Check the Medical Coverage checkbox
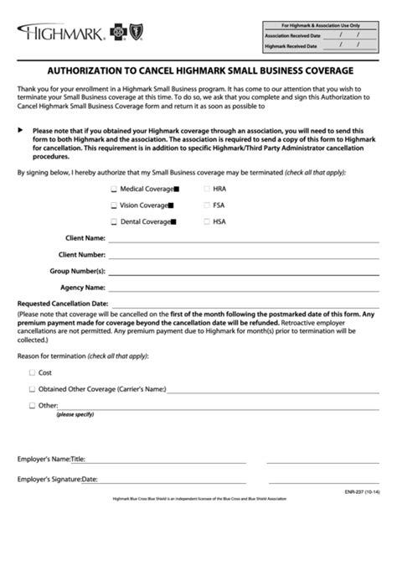(x=114, y=190)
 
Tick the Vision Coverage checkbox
(x=114, y=205)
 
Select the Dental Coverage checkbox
(x=114, y=221)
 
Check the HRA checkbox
(x=206, y=190)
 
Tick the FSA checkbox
(x=206, y=205)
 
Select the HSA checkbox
(x=206, y=221)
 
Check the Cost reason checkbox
(x=33, y=372)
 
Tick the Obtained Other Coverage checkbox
(x=33, y=389)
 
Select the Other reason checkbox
(x=33, y=406)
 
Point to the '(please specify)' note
(x=75, y=415)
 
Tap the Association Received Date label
(x=291, y=36)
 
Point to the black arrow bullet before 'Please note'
(x=21, y=130)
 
